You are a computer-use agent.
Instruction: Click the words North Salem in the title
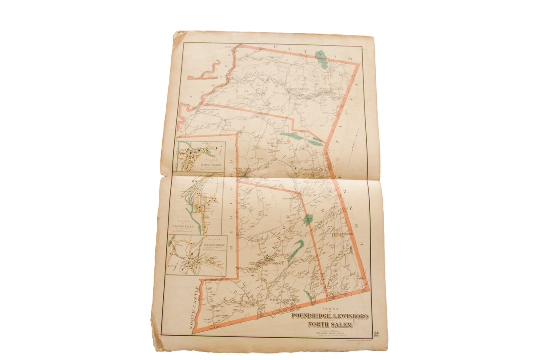[x=330, y=325]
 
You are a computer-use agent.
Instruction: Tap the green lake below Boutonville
[x=308, y=220]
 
